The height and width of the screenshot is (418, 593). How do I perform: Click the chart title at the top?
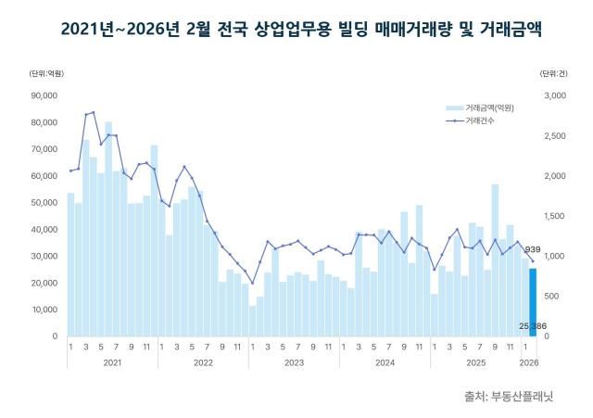click(x=296, y=30)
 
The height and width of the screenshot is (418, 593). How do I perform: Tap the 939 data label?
click(x=533, y=249)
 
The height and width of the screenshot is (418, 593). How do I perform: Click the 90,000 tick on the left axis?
click(x=44, y=95)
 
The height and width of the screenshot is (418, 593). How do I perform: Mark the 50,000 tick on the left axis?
click(x=44, y=202)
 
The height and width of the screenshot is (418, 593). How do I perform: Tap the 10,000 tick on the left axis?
click(x=44, y=310)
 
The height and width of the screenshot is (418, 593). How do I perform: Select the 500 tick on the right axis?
click(x=554, y=296)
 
